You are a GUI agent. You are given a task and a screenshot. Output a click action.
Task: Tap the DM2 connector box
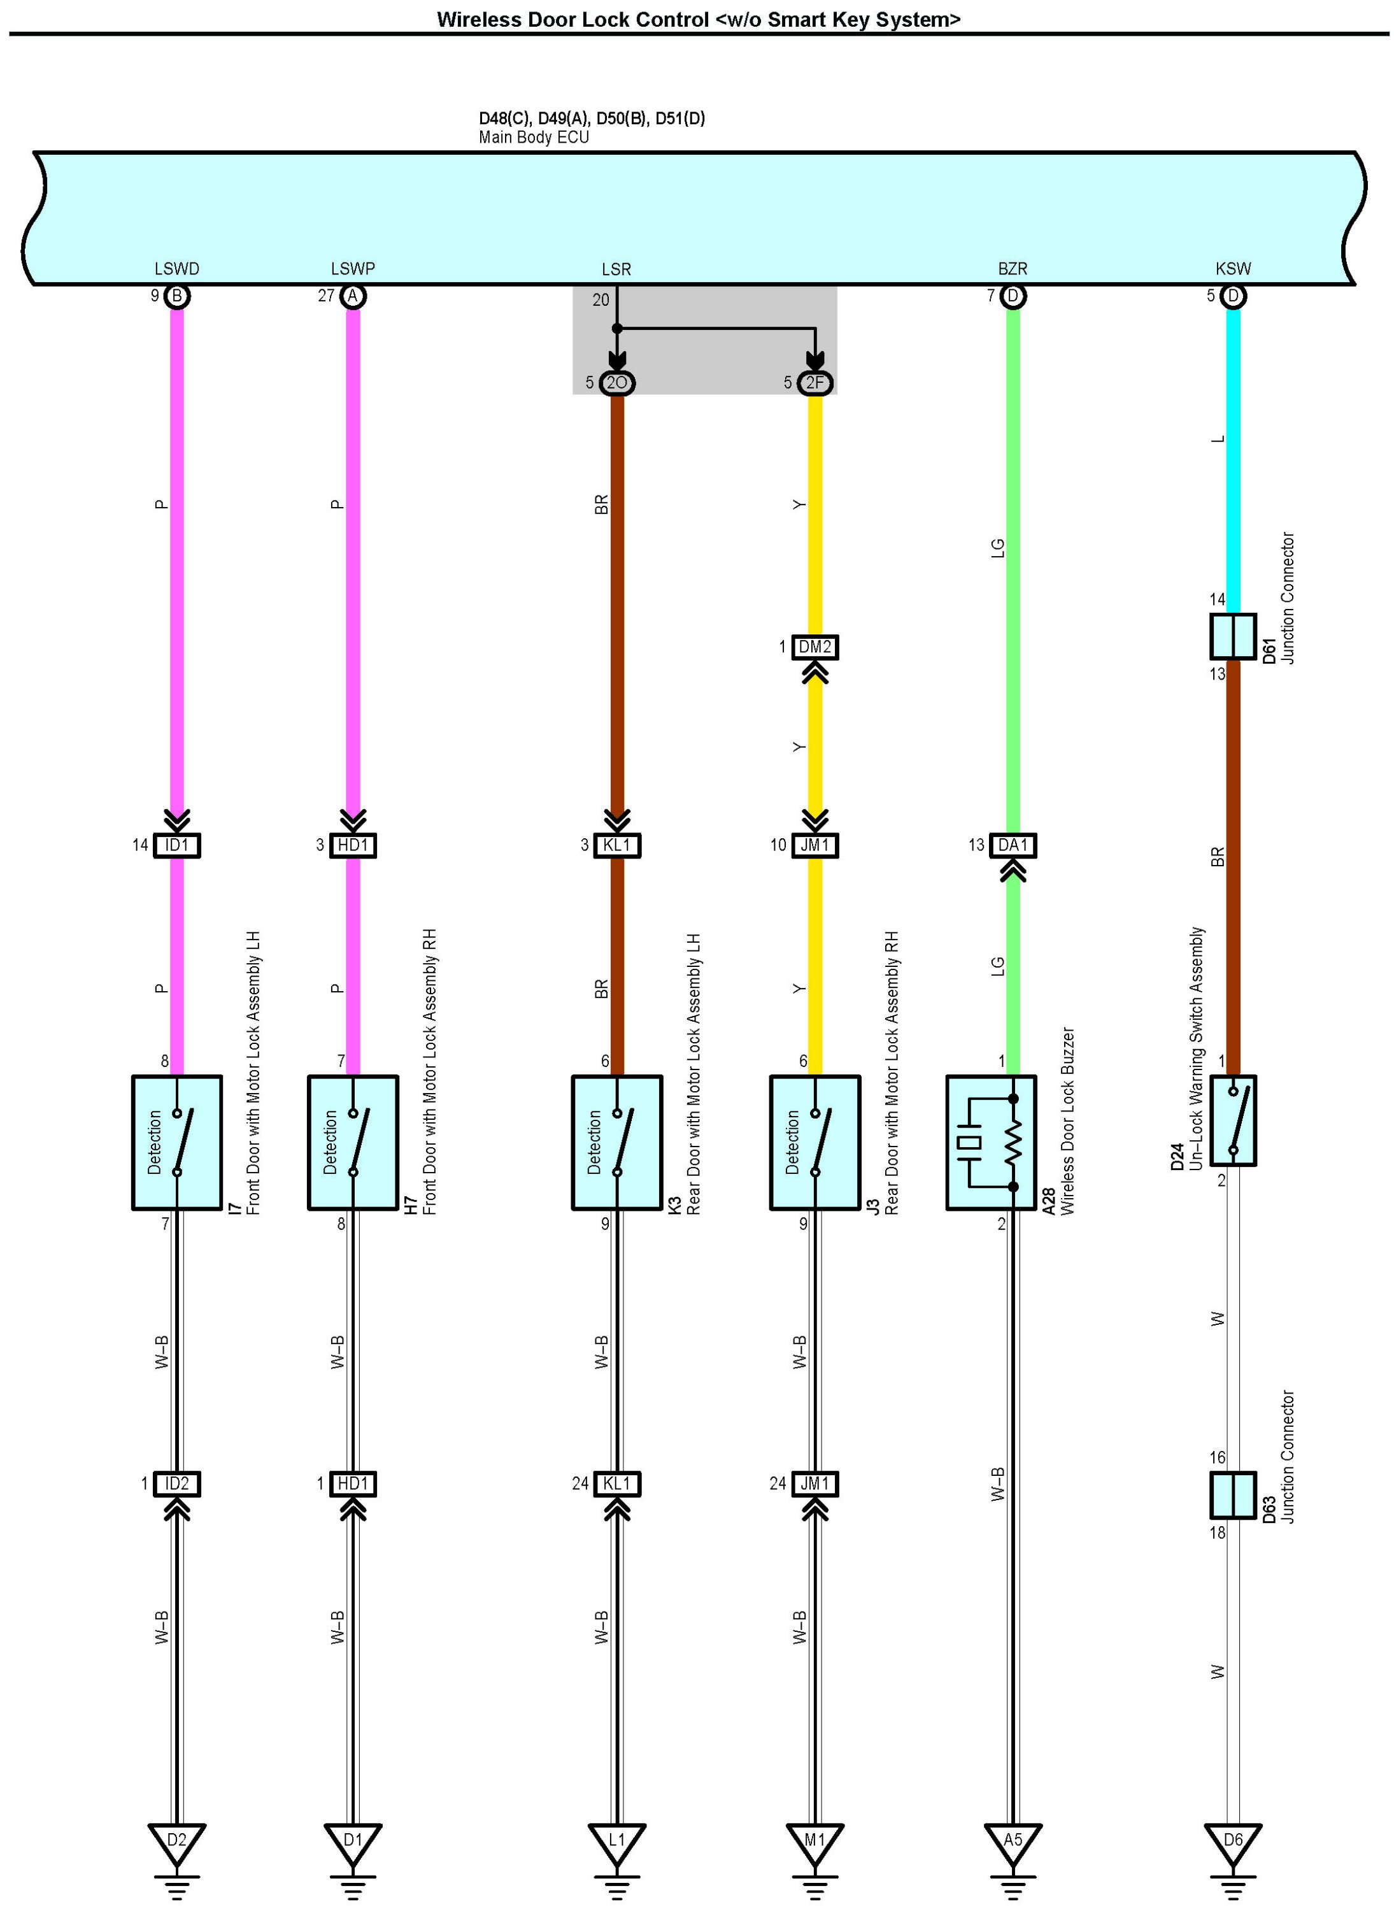[x=815, y=647]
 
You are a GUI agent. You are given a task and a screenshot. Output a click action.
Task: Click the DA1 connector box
[x=1013, y=845]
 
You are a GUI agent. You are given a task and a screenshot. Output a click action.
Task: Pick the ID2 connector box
[x=176, y=1484]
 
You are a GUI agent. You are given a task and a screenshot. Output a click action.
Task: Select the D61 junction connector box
[x=1233, y=636]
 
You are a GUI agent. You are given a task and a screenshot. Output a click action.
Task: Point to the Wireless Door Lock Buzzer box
[x=991, y=1143]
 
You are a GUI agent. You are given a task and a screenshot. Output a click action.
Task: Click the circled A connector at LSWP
[x=353, y=296]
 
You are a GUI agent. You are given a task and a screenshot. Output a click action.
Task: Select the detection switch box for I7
[x=176, y=1143]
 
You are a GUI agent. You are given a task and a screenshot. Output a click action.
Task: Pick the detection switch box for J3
[x=814, y=1143]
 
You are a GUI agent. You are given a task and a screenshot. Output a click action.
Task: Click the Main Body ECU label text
[x=533, y=138]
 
